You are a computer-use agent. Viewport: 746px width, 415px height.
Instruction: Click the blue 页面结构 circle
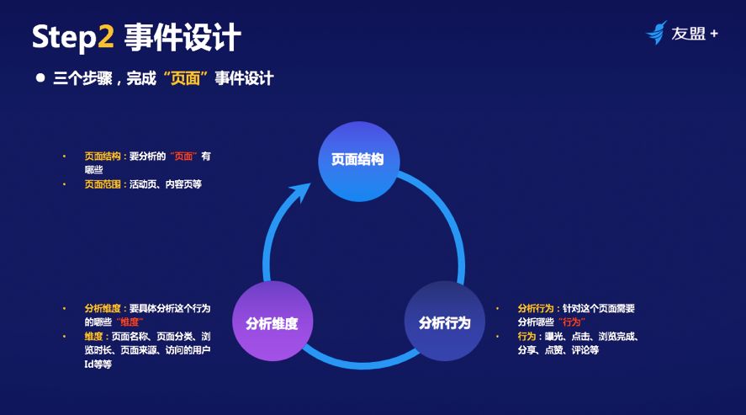357,160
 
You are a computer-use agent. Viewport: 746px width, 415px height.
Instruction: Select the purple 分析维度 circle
272,323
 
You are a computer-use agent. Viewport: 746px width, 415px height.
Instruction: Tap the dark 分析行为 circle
444,323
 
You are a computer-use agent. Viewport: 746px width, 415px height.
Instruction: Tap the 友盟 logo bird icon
656,33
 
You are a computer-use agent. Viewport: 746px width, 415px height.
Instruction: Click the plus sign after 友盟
714,34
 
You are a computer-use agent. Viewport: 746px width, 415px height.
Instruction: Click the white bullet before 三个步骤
40,77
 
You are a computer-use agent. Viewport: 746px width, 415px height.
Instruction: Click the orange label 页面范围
102,183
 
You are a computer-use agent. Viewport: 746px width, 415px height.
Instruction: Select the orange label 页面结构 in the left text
102,156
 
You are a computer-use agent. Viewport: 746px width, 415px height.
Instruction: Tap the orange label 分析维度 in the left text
102,308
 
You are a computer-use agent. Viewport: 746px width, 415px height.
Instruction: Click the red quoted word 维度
130,322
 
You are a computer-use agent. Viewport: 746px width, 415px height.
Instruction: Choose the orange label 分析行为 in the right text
536,308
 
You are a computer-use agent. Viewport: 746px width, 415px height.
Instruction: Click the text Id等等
98,364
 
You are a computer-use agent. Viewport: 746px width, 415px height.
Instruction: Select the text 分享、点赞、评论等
558,349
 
